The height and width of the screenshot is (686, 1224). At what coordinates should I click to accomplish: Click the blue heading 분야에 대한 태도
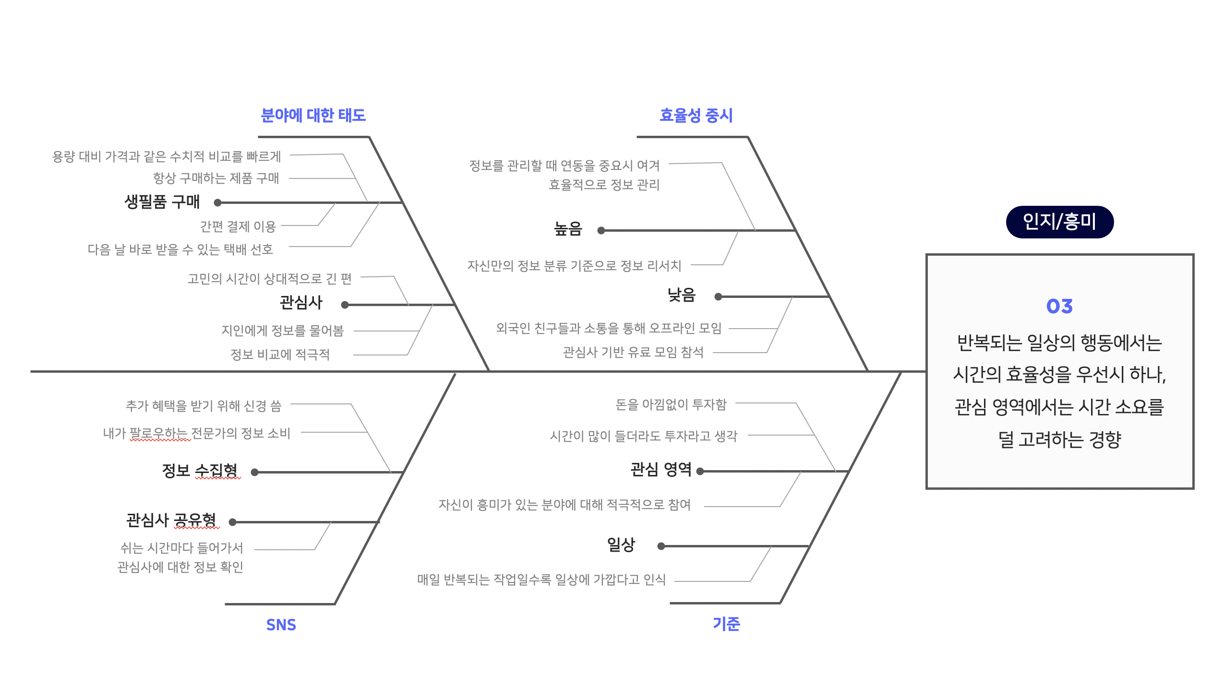click(x=313, y=116)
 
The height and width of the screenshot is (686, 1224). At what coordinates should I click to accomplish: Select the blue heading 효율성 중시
click(x=696, y=116)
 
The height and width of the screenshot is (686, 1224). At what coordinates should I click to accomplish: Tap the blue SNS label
click(x=281, y=625)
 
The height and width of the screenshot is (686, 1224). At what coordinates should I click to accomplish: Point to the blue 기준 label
click(x=726, y=624)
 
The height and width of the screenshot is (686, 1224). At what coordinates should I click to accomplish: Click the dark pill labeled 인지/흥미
click(x=1059, y=222)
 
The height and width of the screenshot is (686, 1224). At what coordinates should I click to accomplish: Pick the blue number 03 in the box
click(x=1059, y=306)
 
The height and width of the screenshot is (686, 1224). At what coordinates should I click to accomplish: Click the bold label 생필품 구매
click(x=162, y=202)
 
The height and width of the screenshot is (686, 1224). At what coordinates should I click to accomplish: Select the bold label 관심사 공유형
click(x=171, y=520)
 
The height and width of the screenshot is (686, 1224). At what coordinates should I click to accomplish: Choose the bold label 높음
click(x=568, y=229)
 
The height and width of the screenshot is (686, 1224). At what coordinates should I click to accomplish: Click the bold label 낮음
click(x=681, y=295)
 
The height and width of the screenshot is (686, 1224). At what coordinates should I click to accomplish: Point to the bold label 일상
click(x=621, y=544)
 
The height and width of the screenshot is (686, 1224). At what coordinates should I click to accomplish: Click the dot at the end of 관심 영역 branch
click(x=700, y=472)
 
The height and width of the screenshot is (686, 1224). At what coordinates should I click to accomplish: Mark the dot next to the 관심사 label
click(x=345, y=305)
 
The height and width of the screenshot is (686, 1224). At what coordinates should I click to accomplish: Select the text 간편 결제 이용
click(x=238, y=226)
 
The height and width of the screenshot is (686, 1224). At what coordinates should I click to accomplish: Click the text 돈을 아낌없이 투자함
click(x=671, y=405)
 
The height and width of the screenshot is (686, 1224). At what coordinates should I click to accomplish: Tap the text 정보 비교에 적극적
click(x=280, y=355)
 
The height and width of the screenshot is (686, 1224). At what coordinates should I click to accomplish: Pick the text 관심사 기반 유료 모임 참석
click(x=633, y=353)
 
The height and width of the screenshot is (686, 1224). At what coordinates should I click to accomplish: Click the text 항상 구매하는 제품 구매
click(x=216, y=178)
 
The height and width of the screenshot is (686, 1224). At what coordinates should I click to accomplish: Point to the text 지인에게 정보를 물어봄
click(x=282, y=331)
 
